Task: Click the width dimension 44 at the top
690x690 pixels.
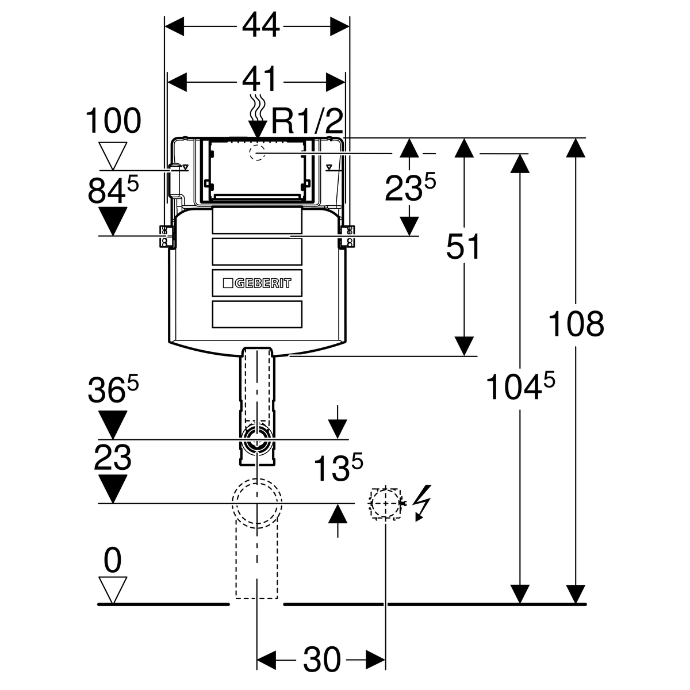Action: pyautogui.click(x=260, y=25)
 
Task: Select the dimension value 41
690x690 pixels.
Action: pyautogui.click(x=260, y=79)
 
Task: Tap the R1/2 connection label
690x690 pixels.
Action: pyautogui.click(x=307, y=121)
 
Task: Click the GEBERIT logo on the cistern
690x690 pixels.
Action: pyautogui.click(x=257, y=283)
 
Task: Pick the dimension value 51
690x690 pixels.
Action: pyautogui.click(x=463, y=248)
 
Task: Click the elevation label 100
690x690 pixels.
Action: pyautogui.click(x=113, y=121)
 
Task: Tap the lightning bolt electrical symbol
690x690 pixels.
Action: pyautogui.click(x=423, y=502)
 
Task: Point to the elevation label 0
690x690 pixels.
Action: pyautogui.click(x=113, y=561)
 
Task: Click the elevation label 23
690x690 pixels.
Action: pyautogui.click(x=113, y=458)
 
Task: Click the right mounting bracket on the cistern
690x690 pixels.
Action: pyautogui.click(x=348, y=236)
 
